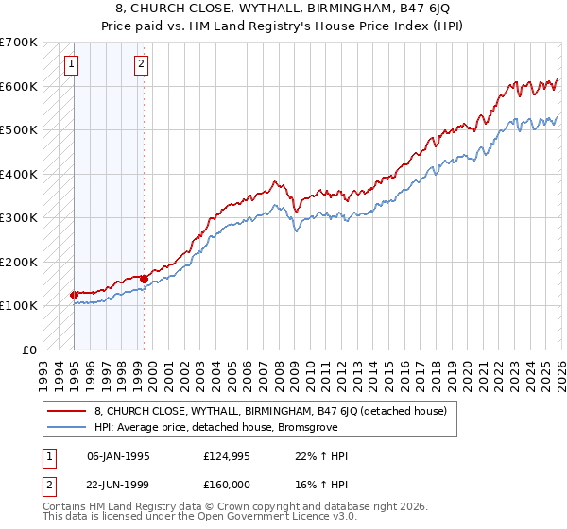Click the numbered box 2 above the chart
pyautogui.click(x=141, y=64)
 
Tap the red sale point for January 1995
pyautogui.click(x=74, y=295)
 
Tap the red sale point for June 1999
pyautogui.click(x=144, y=279)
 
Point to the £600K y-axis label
pyautogui.click(x=19, y=86)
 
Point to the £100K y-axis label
pyautogui.click(x=19, y=306)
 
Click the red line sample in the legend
pyautogui.click(x=66, y=411)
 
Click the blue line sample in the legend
pyautogui.click(x=66, y=426)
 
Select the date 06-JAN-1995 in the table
pyautogui.click(x=118, y=456)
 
